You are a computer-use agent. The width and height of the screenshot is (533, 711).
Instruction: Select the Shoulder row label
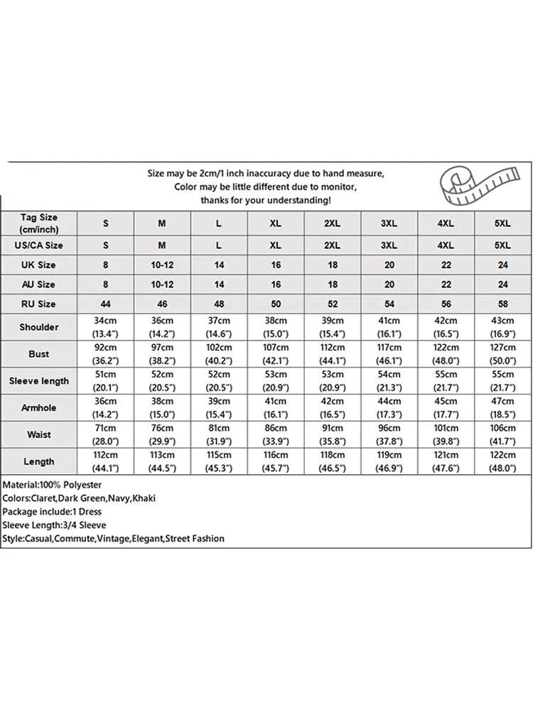coord(39,327)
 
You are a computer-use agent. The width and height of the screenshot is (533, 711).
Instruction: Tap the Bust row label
coord(39,353)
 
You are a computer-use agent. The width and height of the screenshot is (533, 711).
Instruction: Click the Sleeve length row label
coord(39,380)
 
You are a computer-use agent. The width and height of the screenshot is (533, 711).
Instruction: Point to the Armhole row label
coord(39,407)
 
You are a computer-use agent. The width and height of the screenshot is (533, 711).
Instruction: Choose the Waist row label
coord(39,434)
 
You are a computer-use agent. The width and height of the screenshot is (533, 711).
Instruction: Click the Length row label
coord(39,461)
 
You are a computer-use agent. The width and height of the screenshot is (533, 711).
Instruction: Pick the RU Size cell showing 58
coord(502,304)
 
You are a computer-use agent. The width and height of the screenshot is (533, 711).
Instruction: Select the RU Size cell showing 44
coord(106,304)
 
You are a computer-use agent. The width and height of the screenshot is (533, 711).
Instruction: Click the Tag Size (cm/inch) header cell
coord(39,223)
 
